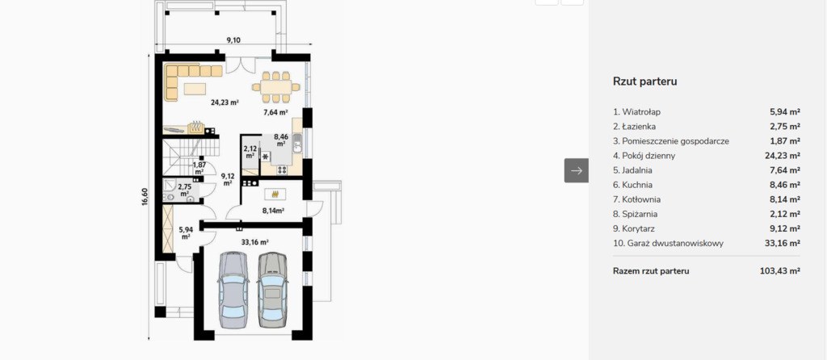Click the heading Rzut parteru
[644, 82]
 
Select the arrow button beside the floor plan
[577, 170]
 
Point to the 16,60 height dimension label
[145, 198]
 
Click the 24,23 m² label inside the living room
[225, 103]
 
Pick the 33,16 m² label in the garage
[254, 242]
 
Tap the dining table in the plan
[276, 86]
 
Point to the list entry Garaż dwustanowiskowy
[668, 244]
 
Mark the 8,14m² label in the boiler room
[274, 211]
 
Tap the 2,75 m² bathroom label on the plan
[185, 190]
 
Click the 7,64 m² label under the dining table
[275, 111]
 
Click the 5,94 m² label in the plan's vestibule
[186, 233]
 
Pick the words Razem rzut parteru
[651, 271]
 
